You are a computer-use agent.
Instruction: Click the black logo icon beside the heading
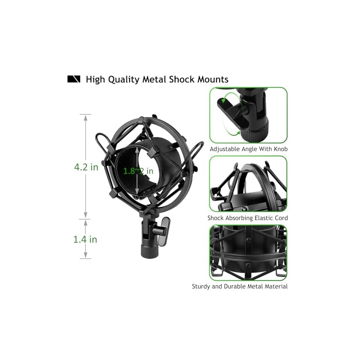(74, 79)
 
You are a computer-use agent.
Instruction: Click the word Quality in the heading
(124, 80)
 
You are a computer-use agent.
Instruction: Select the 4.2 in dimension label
(86, 167)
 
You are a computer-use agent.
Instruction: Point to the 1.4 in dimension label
(85, 239)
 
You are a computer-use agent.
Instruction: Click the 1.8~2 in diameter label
(138, 171)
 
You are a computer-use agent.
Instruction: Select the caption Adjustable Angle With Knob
(249, 149)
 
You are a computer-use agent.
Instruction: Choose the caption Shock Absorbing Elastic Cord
(247, 218)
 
